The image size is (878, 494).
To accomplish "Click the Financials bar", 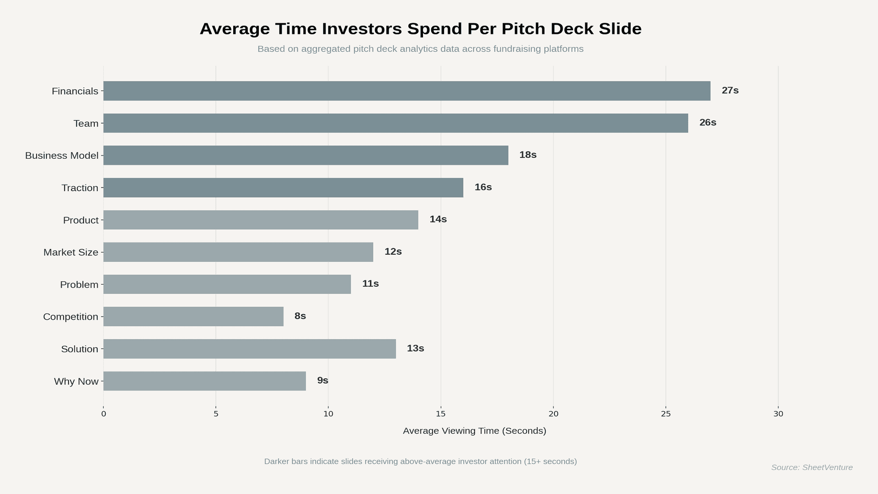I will (x=407, y=91).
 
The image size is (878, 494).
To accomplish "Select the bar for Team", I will (x=396, y=123).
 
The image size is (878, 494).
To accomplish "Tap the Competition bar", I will (x=193, y=317).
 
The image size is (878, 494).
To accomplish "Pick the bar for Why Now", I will (x=204, y=381).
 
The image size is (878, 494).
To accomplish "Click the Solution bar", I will (x=249, y=349).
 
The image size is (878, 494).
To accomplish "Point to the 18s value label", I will (x=528, y=155).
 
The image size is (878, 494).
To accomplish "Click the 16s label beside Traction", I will (x=483, y=187).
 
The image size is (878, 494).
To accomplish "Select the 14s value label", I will (x=438, y=219).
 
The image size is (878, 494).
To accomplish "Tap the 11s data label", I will (x=370, y=284).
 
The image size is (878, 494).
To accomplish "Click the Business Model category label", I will (x=62, y=156).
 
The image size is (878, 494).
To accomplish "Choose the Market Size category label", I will (x=71, y=252).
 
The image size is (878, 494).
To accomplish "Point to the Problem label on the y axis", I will (x=79, y=285).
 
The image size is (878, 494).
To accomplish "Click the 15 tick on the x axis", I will (x=440, y=413).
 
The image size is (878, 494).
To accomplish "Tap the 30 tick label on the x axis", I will (x=778, y=413).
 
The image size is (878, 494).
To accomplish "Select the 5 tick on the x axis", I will (x=216, y=413).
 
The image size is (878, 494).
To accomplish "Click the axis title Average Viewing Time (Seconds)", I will (x=474, y=430).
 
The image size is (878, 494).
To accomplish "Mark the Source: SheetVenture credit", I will (x=812, y=467).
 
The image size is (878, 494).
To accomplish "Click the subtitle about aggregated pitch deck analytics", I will (x=420, y=49).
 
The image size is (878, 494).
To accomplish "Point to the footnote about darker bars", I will (x=420, y=461).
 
